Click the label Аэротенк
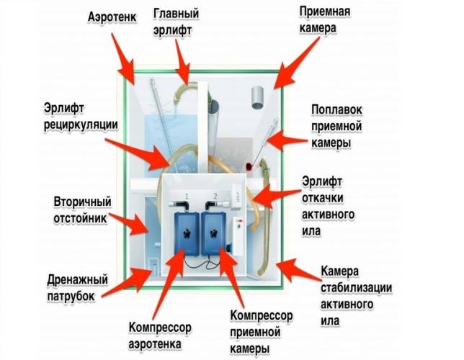coord(112,17)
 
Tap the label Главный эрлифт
coord(176,22)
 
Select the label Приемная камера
coord(325,19)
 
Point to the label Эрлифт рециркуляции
coord(81,116)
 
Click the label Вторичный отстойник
coord(82,210)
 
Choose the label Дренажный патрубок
coord(77,287)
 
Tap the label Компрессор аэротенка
coord(160,336)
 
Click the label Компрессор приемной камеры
coord(262,332)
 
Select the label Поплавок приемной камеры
coord(336,126)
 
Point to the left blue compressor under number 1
coord(186,234)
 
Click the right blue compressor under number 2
coord(214,234)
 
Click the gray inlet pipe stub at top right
coord(258,97)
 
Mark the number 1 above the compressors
coord(187,196)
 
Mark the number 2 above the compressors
coord(215,196)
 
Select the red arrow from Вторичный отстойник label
coord(129,222)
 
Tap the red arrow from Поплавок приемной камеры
coord(287,141)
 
